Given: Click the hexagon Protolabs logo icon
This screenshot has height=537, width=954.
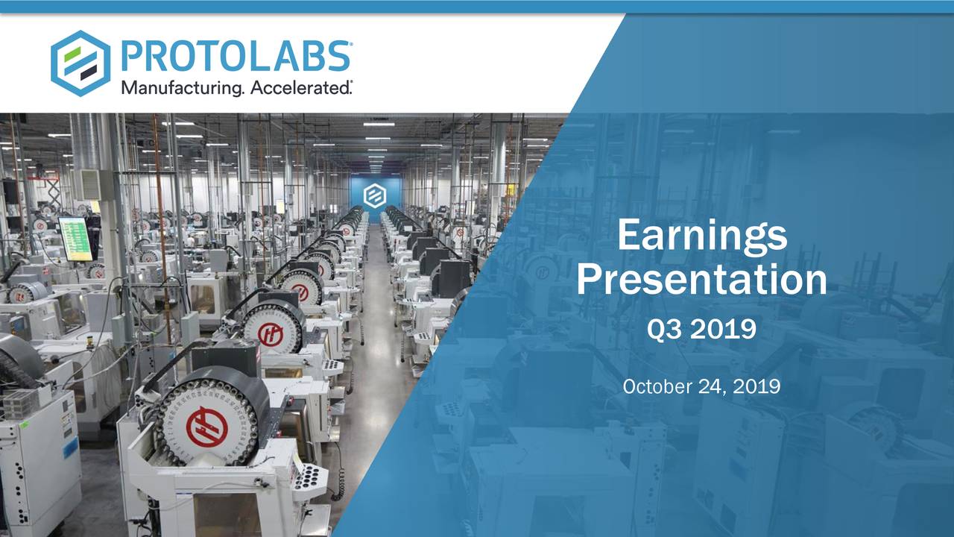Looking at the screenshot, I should coord(80,63).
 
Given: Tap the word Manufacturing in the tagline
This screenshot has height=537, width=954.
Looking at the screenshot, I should coord(181,89).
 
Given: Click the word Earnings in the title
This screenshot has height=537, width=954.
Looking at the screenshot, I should coord(701,236).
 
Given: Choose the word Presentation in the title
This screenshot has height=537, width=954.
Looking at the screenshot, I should coord(701,280).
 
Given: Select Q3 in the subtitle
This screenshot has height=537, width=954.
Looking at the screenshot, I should coord(665,329).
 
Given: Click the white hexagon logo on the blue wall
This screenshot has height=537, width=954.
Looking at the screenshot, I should coord(374,196).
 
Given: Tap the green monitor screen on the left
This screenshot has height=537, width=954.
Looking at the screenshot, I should coord(75,238).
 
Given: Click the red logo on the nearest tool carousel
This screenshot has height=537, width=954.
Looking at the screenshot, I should coord(206,427).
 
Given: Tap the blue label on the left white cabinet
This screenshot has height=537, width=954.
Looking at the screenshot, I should coord(71,447).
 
